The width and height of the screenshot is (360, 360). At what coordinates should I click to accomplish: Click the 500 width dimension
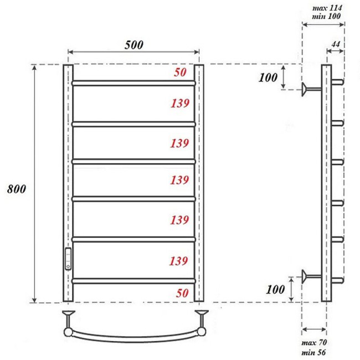point(133,45)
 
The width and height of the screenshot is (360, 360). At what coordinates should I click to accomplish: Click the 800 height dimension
point(17,188)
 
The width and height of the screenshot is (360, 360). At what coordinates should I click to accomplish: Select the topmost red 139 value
point(180,103)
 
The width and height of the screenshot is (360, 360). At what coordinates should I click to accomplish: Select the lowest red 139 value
point(180,260)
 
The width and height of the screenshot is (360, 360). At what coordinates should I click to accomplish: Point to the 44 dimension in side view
point(336,44)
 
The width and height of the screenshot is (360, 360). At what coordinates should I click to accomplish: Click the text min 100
point(327,16)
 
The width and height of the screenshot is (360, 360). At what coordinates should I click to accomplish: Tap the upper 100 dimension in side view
point(268,78)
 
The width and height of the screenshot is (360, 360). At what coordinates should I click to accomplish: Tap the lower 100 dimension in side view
point(275,289)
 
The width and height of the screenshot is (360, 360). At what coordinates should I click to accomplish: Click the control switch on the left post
point(68,258)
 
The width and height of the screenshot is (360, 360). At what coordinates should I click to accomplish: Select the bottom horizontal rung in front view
point(133,281)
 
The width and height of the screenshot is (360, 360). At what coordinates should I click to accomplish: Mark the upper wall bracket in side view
point(310,89)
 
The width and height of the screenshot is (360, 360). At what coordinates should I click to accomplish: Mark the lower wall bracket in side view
point(310,275)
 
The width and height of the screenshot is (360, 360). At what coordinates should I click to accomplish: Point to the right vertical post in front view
point(199,183)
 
